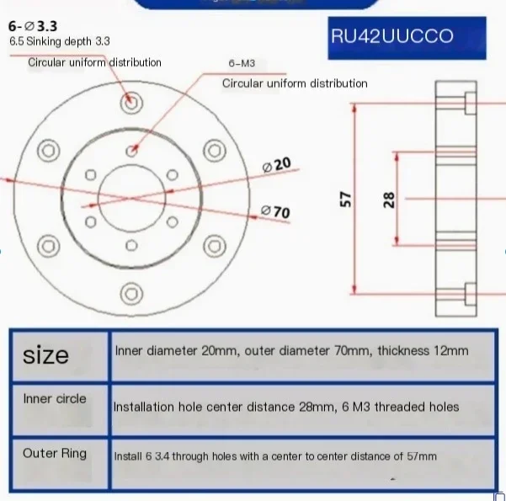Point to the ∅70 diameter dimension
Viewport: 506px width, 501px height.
(x=276, y=211)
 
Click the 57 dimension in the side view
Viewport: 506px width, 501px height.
(x=345, y=200)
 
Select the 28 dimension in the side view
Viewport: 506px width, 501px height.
(x=388, y=200)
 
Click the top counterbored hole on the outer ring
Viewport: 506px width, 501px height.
(x=130, y=100)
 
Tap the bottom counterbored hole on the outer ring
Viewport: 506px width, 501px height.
(x=130, y=294)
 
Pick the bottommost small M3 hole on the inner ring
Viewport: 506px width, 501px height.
(x=130, y=245)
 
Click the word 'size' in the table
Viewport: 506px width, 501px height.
(x=46, y=354)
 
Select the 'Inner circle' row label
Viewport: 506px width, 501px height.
(x=55, y=398)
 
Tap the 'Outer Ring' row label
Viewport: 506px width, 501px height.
(x=55, y=453)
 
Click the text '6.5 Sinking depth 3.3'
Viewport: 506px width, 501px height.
(x=59, y=41)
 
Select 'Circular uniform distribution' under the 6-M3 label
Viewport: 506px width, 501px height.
(x=295, y=83)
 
